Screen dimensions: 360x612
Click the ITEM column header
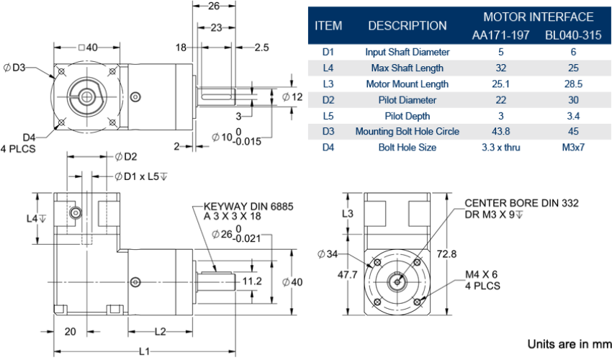click(x=328, y=26)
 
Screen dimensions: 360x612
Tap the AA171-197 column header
click(x=500, y=35)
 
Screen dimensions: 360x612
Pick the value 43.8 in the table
click(x=500, y=131)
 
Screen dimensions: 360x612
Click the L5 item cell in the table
click(x=328, y=115)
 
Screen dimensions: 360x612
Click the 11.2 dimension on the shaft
click(x=251, y=280)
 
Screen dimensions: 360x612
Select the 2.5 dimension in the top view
click(x=261, y=48)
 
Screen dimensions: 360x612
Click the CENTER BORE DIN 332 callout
click(x=521, y=204)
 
